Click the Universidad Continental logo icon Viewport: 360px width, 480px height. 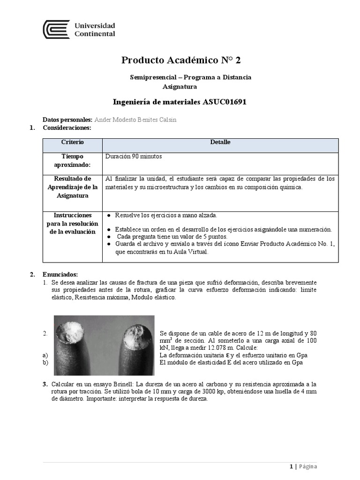point(56,30)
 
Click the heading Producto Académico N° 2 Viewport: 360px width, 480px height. point(182,60)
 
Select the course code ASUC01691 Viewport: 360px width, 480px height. point(225,102)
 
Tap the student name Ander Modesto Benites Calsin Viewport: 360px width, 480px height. point(136,120)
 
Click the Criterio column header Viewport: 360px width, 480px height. point(72,142)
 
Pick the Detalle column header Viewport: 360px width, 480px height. point(220,142)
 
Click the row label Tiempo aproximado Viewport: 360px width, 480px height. point(72,160)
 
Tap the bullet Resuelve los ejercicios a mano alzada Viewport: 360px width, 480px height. point(166,215)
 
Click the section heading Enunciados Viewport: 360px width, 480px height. point(60,274)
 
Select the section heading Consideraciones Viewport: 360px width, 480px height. point(67,127)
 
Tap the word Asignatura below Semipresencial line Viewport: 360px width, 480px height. point(180,86)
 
